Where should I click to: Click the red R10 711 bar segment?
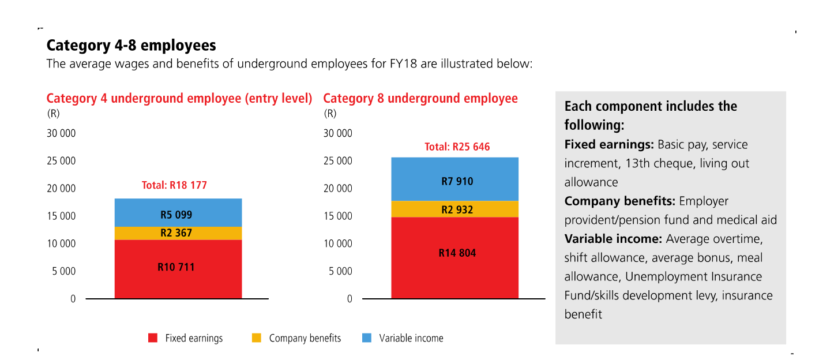click(x=178, y=269)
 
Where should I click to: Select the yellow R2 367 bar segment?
click(x=178, y=233)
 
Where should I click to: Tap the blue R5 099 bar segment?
click(x=178, y=213)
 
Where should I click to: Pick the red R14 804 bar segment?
click(x=454, y=258)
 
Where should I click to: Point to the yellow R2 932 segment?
click(x=454, y=209)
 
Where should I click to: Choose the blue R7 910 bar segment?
click(x=454, y=179)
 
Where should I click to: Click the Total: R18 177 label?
click(x=174, y=186)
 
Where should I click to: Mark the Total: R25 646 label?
click(x=457, y=147)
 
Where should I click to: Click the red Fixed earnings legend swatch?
click(x=153, y=338)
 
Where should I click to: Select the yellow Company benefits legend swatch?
click(x=257, y=338)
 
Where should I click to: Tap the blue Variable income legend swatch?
click(x=367, y=338)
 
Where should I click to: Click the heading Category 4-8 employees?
click(x=131, y=45)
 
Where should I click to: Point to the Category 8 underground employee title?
click(x=420, y=99)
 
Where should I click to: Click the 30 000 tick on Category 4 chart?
click(x=61, y=134)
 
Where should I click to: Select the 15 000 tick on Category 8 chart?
click(x=338, y=216)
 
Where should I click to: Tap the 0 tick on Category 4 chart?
click(x=73, y=299)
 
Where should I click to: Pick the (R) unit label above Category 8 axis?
click(x=330, y=114)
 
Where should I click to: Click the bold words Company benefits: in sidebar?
click(x=619, y=201)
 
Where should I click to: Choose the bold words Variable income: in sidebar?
click(x=613, y=239)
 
